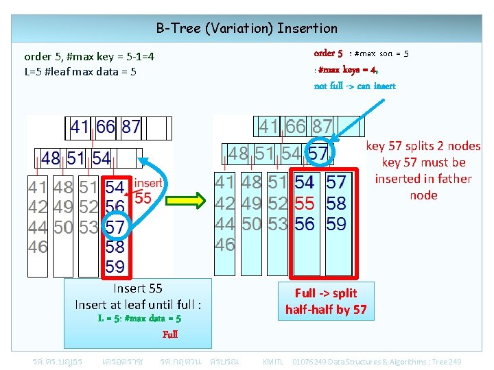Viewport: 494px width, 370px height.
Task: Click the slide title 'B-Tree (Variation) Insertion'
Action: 247,28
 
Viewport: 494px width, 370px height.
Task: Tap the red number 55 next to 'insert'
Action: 143,199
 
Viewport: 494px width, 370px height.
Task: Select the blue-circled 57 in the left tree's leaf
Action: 115,226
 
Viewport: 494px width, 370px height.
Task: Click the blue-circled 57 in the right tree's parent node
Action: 318,153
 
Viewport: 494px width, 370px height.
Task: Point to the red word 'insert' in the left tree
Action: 148,183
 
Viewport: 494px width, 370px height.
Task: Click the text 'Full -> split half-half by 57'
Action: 326,301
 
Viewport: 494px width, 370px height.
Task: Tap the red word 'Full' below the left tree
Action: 170,334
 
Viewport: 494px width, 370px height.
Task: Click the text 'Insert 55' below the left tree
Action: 137,288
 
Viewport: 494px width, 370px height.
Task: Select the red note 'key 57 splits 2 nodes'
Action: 423,146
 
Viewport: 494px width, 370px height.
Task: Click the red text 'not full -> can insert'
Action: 355,86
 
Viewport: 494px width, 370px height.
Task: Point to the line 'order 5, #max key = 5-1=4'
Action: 89,56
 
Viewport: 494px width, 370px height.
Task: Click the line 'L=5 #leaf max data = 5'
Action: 80,71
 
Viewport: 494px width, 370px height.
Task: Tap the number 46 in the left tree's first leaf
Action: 38,247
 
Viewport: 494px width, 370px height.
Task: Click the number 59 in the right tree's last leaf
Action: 336,223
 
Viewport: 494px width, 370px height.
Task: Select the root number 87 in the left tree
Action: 131,127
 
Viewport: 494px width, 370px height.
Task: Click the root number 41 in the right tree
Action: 268,126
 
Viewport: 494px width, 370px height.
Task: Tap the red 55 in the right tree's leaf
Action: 305,203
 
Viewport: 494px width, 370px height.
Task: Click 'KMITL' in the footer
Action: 273,361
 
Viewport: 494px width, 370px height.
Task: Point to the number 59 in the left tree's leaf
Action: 115,266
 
